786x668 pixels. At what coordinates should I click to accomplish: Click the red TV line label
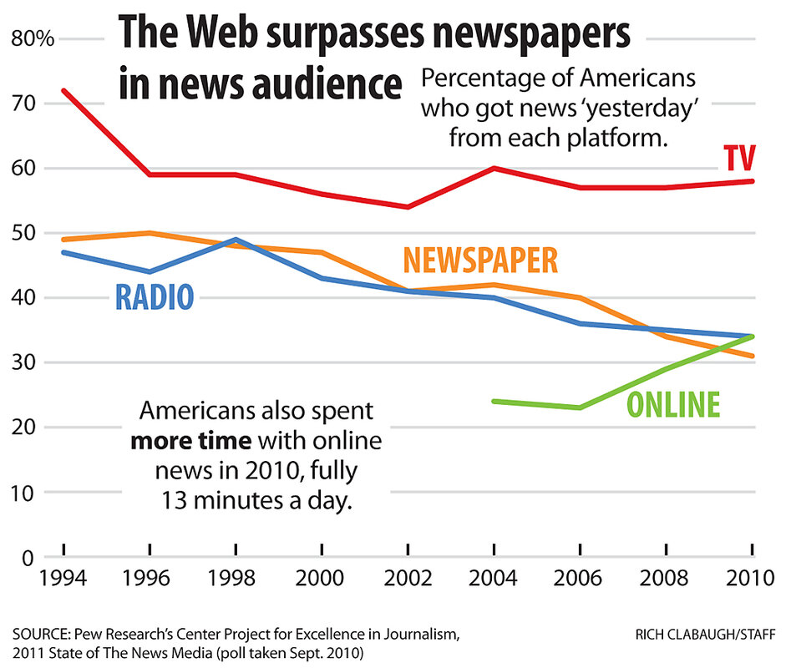point(739,158)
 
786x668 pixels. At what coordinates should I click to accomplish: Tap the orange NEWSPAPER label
point(479,261)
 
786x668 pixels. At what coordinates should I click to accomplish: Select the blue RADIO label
point(155,296)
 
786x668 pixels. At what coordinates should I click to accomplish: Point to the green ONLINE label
point(672,405)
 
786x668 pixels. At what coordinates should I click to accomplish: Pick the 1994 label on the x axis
point(63,579)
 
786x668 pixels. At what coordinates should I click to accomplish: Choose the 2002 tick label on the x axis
point(408,579)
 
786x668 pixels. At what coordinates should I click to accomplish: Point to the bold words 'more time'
point(192,441)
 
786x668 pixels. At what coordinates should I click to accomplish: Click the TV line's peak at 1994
point(63,90)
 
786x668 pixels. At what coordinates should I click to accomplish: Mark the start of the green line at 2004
point(494,401)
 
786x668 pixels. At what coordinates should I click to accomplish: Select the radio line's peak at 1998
point(236,239)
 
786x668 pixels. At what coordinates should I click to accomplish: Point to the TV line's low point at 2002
point(408,206)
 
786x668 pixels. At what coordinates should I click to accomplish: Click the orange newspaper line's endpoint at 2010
point(753,356)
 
